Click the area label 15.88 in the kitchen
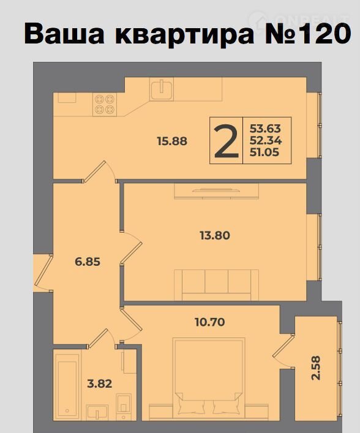tap(172, 141)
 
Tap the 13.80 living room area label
tap(215, 236)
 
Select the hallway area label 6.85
tap(88, 262)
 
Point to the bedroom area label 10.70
tap(210, 322)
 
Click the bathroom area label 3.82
tap(99, 384)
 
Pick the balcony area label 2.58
tap(317, 368)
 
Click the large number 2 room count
tap(226, 141)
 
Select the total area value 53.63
tap(265, 129)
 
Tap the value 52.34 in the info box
tap(266, 141)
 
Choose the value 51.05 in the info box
tap(264, 152)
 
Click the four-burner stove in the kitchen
tap(105, 104)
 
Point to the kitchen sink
tap(162, 89)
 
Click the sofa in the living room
tap(216, 285)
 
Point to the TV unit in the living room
tap(217, 191)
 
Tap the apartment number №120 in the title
tap(308, 34)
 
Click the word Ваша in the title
tap(64, 34)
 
